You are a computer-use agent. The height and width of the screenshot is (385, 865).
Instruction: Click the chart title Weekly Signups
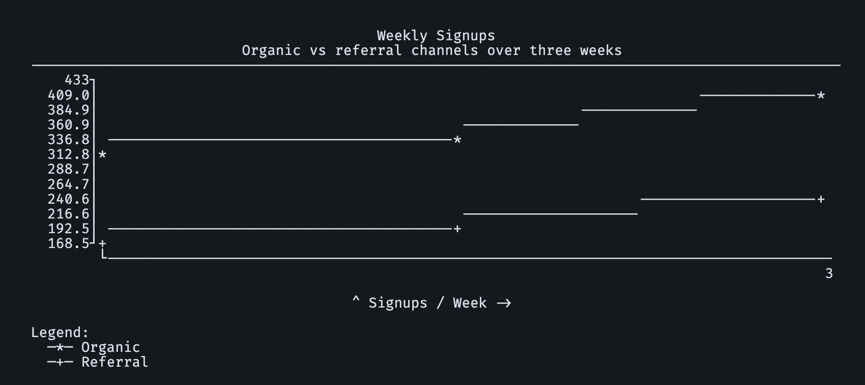click(x=436, y=36)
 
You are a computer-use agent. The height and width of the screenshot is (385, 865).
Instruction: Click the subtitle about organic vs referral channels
click(x=431, y=50)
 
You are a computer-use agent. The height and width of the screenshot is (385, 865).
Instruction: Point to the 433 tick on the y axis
click(x=77, y=80)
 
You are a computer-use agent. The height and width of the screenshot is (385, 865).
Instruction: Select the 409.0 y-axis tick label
click(x=68, y=95)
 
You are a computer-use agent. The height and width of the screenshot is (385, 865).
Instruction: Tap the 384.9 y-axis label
click(x=68, y=110)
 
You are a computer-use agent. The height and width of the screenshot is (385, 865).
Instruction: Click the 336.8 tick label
click(x=68, y=140)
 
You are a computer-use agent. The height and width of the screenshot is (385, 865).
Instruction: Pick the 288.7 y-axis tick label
click(x=68, y=169)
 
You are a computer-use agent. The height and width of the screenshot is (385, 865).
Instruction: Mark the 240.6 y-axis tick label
click(x=68, y=199)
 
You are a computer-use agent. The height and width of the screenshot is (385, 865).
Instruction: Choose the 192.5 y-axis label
click(x=68, y=229)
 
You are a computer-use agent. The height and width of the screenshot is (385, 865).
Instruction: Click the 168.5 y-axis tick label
click(x=68, y=243)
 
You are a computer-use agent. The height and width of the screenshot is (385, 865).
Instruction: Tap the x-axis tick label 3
click(x=829, y=273)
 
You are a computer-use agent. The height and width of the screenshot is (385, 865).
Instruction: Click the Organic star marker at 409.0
click(x=821, y=95)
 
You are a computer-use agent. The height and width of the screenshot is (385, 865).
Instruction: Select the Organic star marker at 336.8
click(x=457, y=140)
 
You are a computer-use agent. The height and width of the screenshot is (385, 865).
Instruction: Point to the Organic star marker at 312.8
click(x=102, y=155)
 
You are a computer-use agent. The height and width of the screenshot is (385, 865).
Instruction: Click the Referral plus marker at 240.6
click(x=821, y=199)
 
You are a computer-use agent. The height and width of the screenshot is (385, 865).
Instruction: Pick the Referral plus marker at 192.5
click(x=457, y=229)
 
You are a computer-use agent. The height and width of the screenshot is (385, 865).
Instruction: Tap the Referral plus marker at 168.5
click(x=102, y=243)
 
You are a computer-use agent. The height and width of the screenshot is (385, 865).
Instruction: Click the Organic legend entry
click(x=94, y=347)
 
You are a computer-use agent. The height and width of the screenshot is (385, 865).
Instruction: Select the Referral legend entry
click(x=98, y=362)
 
